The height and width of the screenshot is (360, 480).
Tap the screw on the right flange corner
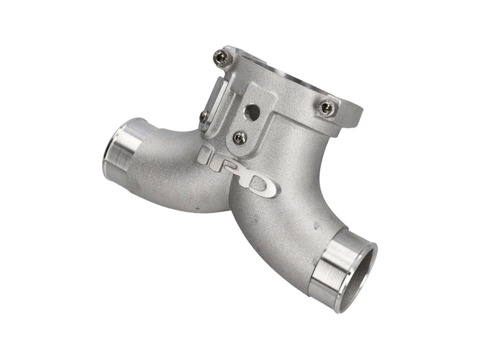pos(327,108)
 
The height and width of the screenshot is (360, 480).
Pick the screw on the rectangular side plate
pos(205,117)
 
